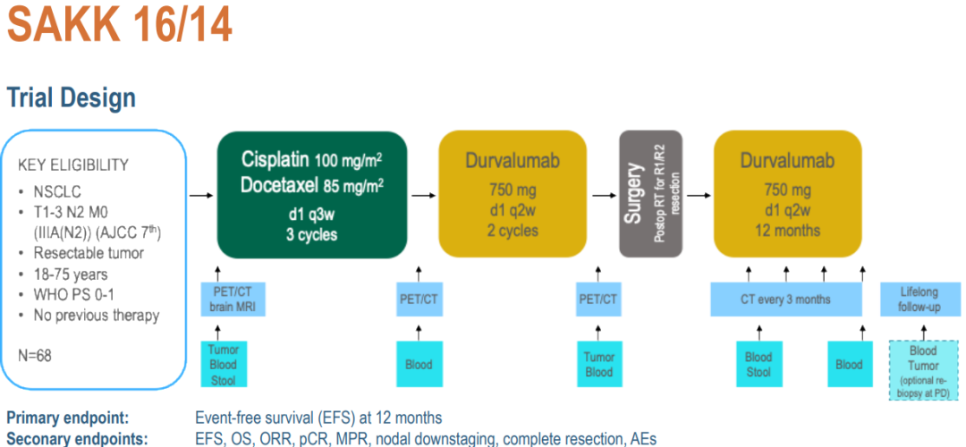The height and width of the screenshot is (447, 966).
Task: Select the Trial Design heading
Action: pos(72,97)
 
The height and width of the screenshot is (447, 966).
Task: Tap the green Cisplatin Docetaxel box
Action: pos(311,193)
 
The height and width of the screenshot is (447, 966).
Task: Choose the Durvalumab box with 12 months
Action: pos(787,194)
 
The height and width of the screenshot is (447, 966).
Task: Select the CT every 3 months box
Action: pos(787,299)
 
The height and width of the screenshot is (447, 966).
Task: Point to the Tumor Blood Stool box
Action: pos(224,364)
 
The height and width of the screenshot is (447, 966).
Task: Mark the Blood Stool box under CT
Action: pos(758,364)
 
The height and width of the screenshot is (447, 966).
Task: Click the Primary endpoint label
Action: pos(67,417)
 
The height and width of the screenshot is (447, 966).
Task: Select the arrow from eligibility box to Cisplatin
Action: pos(201,194)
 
